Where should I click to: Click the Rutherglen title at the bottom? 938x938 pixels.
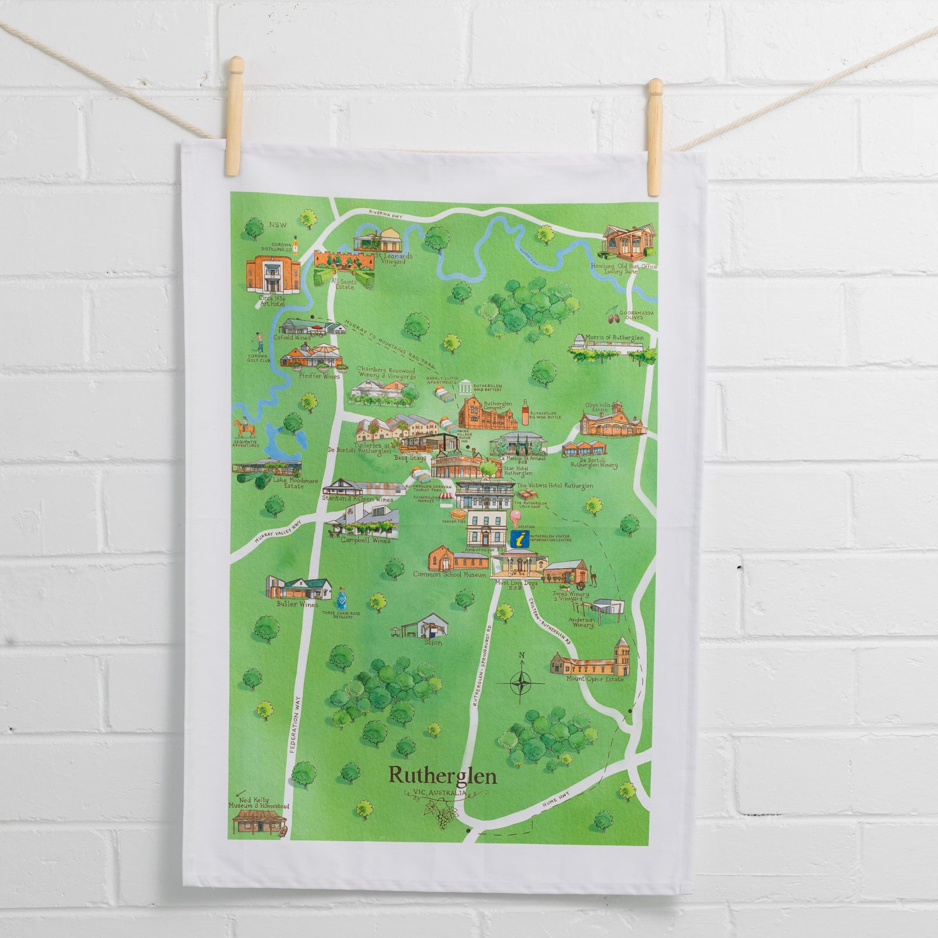(442, 776)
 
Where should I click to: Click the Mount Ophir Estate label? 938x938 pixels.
(595, 679)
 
